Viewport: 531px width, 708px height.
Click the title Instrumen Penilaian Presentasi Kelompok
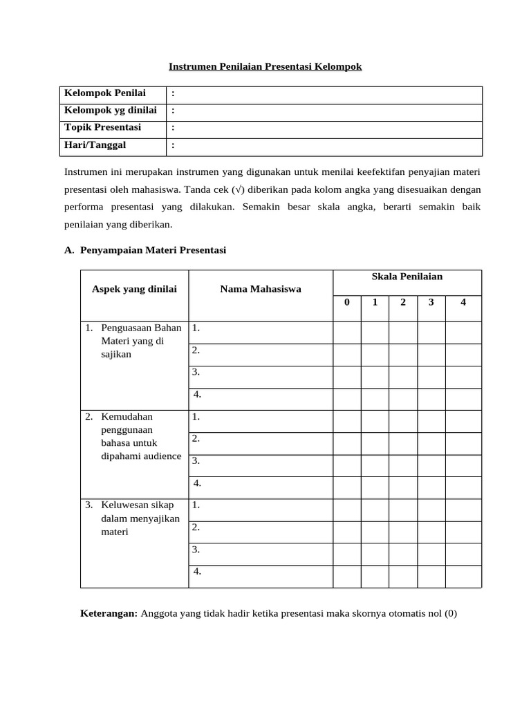click(x=265, y=67)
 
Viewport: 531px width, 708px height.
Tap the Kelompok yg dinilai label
click(x=111, y=111)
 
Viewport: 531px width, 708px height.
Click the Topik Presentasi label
click(x=102, y=127)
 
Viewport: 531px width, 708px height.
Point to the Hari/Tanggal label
click(x=95, y=145)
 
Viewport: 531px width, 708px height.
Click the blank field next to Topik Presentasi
click(x=325, y=129)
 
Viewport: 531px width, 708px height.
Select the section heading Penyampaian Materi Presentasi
click(x=153, y=250)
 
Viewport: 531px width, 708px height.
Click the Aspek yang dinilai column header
click(x=134, y=289)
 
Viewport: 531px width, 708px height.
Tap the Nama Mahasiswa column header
click(x=261, y=289)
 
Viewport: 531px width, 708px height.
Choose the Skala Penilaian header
click(x=407, y=277)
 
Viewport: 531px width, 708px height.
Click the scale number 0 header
click(x=347, y=302)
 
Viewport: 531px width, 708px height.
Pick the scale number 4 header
click(x=463, y=302)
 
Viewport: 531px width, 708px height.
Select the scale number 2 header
click(x=403, y=302)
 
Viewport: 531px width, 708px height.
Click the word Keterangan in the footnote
click(x=109, y=613)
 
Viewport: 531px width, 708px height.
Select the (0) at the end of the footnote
click(x=450, y=613)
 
